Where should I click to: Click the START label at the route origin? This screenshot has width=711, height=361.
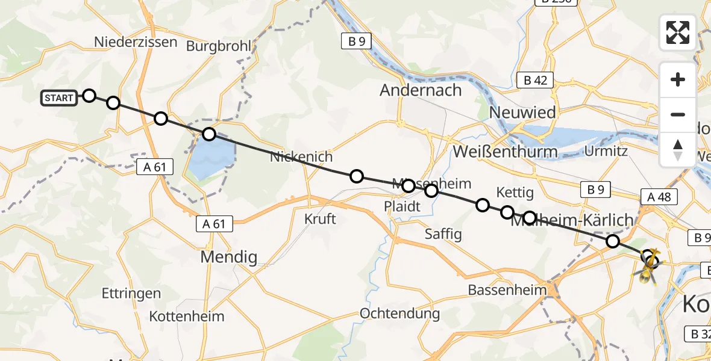pyautogui.click(x=59, y=98)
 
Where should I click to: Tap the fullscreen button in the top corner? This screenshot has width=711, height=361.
pyautogui.click(x=678, y=32)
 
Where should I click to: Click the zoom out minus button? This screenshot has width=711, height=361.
pyautogui.click(x=678, y=114)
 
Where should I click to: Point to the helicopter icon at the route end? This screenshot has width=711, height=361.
pyautogui.click(x=647, y=265)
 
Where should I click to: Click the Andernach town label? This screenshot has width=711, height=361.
pyautogui.click(x=421, y=90)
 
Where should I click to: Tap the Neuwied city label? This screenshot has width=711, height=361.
pyautogui.click(x=522, y=113)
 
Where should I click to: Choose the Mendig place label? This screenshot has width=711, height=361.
pyautogui.click(x=228, y=258)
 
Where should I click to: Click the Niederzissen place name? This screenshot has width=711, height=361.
pyautogui.click(x=136, y=42)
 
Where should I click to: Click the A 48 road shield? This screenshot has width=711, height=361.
pyautogui.click(x=659, y=197)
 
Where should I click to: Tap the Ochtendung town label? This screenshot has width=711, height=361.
pyautogui.click(x=399, y=313)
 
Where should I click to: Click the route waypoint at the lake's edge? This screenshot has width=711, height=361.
pyautogui.click(x=208, y=134)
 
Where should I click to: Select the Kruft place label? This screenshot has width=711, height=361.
pyautogui.click(x=320, y=218)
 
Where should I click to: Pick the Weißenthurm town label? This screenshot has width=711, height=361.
pyautogui.click(x=505, y=152)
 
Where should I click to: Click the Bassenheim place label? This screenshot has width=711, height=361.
pyautogui.click(x=507, y=290)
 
